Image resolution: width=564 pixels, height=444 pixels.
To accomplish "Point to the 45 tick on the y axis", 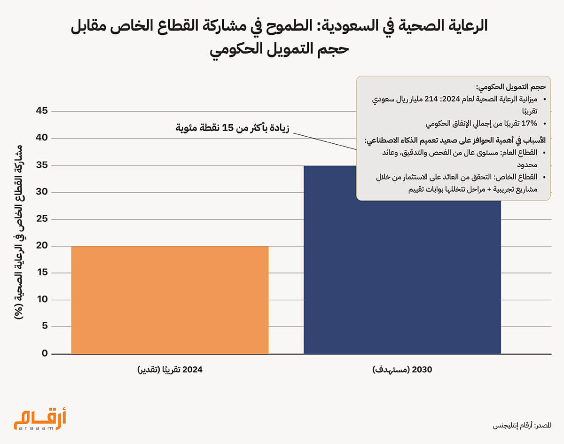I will coord(42,111).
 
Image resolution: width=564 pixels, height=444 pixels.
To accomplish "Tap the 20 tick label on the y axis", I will coord(42,246).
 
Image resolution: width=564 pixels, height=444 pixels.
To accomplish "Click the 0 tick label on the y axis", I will coord(45,354).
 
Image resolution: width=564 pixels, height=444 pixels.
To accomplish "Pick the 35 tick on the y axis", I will coord(42,165).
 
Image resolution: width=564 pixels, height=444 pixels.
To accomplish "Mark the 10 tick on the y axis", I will coord(42,300).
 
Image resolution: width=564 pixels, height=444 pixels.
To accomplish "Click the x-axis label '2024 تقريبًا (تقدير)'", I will coord(170,370).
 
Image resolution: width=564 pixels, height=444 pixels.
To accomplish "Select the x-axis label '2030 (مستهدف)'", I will coord(402,370).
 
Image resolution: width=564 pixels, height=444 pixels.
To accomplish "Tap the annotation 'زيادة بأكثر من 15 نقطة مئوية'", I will coord(232,128).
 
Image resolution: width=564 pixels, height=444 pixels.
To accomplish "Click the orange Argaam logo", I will coord(40,419).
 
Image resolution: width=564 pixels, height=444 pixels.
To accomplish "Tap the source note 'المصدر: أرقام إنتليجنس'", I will coord(522,426).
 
